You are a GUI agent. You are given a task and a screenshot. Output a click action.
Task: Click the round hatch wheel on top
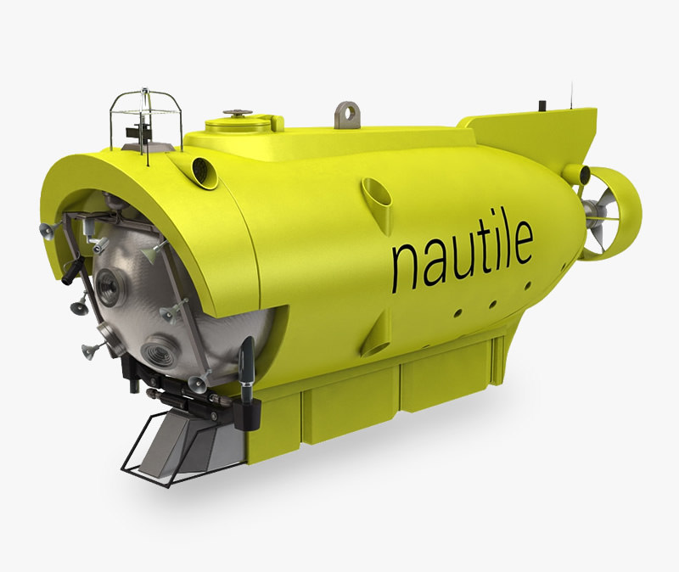pyautogui.click(x=237, y=113)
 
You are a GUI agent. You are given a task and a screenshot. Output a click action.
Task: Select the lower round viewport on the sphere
pyautogui.click(x=160, y=350)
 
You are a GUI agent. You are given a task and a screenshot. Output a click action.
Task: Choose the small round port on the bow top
pyautogui.click(x=204, y=168)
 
